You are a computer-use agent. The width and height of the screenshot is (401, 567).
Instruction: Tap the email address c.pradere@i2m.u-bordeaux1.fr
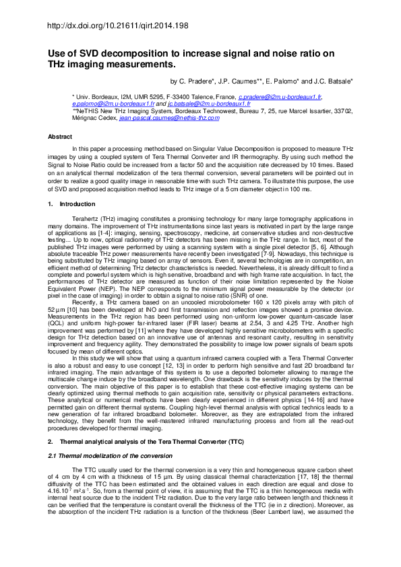point(281,98)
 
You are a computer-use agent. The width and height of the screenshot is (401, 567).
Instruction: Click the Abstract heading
point(59,137)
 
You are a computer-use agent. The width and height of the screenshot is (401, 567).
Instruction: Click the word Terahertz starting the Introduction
point(86,220)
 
